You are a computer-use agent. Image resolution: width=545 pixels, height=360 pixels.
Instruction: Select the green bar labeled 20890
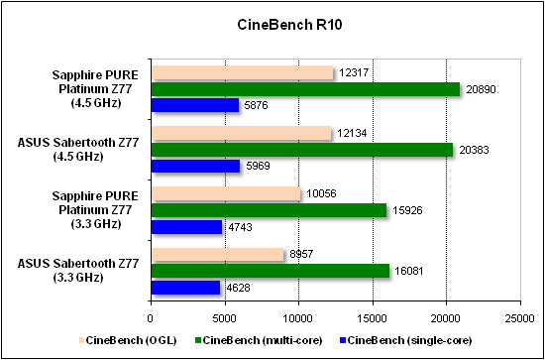click(304, 89)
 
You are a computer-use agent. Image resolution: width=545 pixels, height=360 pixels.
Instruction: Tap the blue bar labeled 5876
click(194, 105)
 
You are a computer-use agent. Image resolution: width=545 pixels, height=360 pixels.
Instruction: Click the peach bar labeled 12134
click(241, 134)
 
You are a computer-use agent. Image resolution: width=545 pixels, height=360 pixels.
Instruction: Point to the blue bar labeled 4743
click(186, 227)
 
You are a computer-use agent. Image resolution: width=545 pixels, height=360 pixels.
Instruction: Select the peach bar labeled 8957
click(217, 255)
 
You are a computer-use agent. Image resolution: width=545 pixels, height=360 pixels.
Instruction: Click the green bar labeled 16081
click(270, 271)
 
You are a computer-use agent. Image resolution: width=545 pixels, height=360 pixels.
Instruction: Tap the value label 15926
click(412, 210)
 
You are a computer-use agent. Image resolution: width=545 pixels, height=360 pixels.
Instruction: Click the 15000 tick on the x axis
click(372, 318)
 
